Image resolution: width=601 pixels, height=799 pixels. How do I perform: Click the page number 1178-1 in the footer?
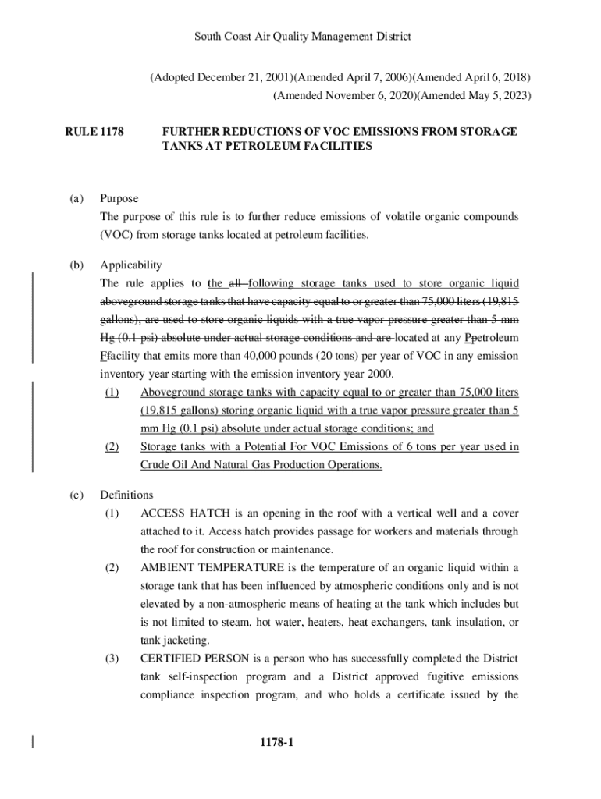coord(277,742)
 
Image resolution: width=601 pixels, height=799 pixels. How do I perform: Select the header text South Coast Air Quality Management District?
coord(302,37)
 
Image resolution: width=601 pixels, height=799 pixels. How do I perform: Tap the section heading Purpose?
coord(119,199)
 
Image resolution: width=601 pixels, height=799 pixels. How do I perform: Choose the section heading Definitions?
coord(127,495)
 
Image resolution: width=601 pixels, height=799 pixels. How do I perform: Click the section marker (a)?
coord(76,199)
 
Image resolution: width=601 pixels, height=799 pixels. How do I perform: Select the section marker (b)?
coord(76,265)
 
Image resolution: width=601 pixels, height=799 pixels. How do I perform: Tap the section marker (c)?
coord(76,495)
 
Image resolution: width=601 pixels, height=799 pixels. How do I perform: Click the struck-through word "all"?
coord(234,283)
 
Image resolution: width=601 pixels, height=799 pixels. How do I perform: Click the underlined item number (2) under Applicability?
coord(112,447)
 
